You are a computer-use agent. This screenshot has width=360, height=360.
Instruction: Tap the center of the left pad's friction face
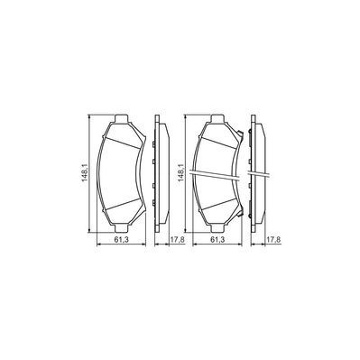[124, 172]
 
